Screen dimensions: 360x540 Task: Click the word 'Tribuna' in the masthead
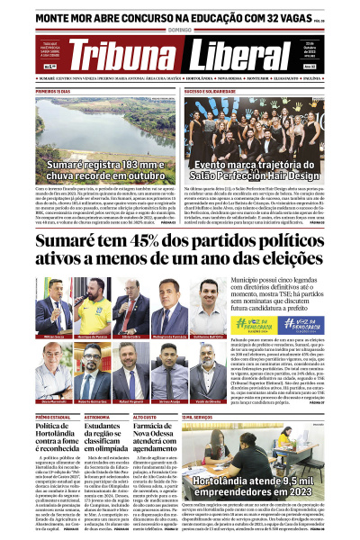pos(122,56)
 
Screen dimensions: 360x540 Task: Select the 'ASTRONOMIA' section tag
pos(97,418)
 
